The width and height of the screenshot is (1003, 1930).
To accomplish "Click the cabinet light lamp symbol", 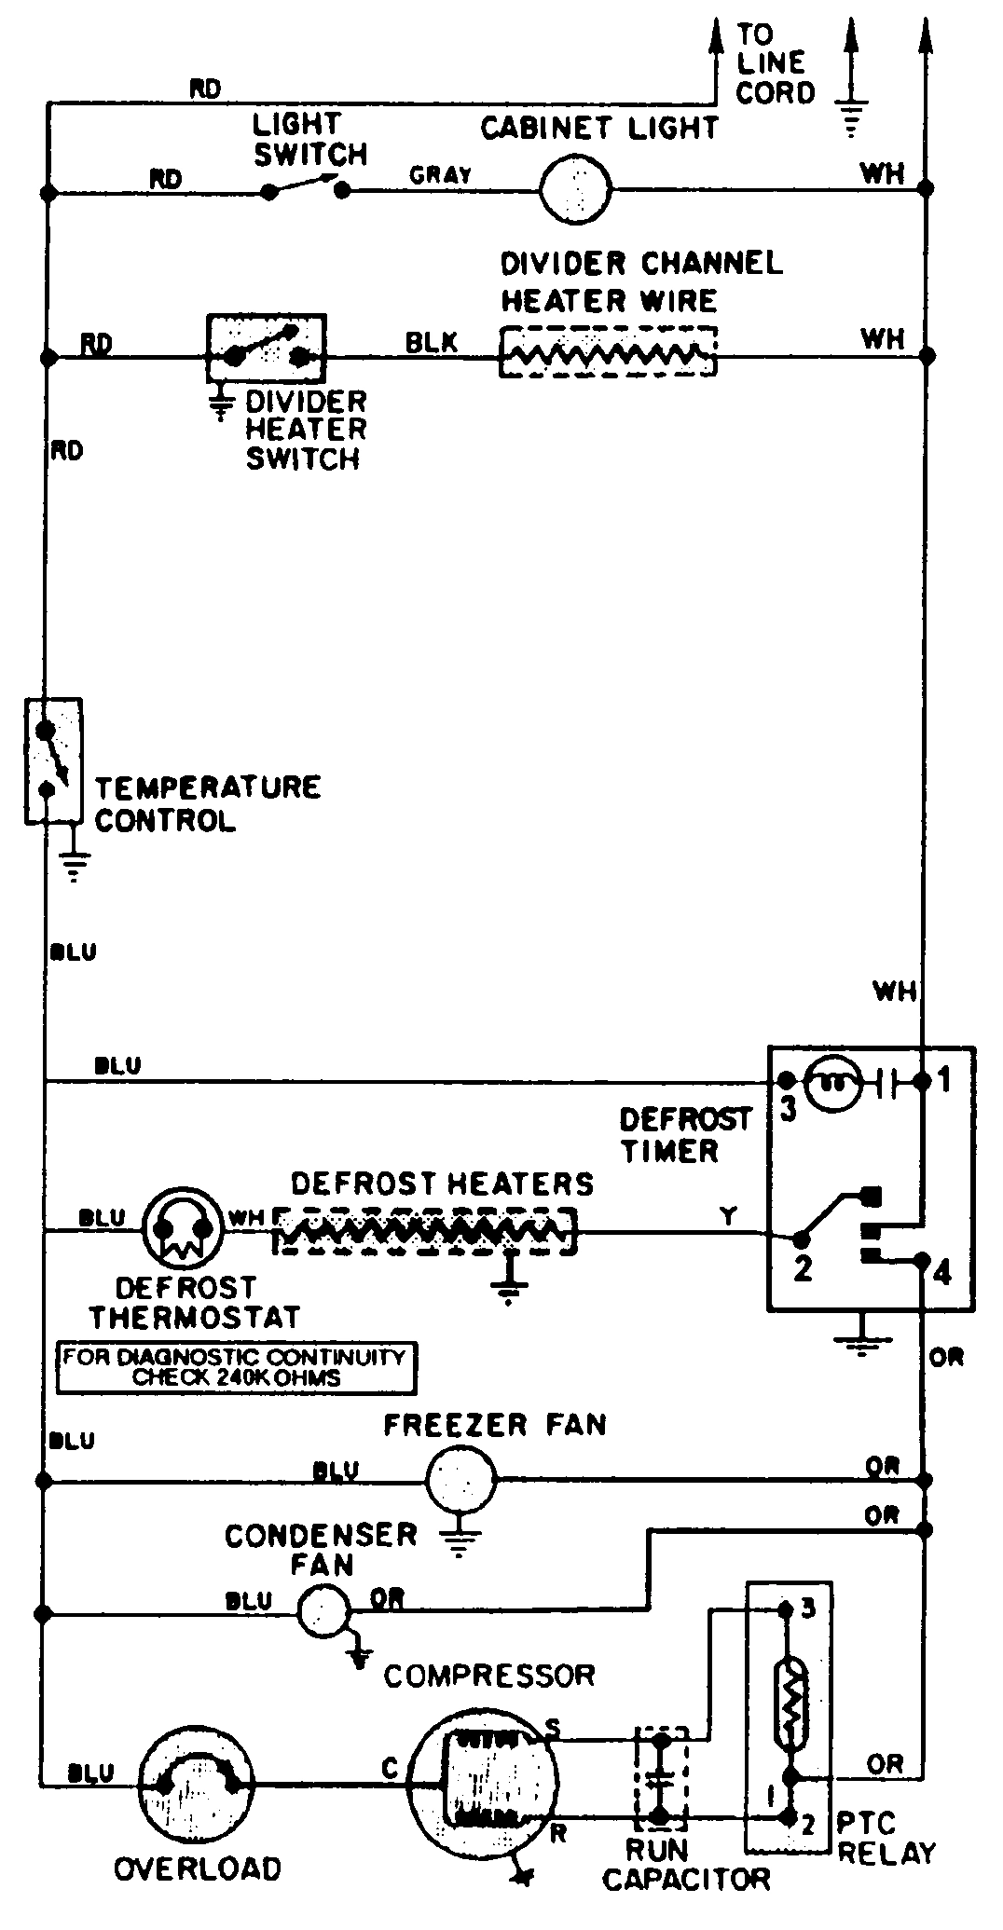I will tap(575, 189).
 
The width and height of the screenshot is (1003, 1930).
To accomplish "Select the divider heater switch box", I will tap(266, 348).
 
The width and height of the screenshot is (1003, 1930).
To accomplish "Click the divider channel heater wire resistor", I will tap(608, 352).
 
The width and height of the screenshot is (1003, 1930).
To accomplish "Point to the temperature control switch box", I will tap(52, 760).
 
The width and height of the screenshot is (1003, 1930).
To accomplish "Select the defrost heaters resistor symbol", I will tap(424, 1232).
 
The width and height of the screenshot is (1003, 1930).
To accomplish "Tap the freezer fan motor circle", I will tap(461, 1478).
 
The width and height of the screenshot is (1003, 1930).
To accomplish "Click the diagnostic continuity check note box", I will tap(237, 1367).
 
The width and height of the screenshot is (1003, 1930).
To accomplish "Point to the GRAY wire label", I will tap(440, 175).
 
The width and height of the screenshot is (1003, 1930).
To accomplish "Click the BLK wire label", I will tap(432, 342).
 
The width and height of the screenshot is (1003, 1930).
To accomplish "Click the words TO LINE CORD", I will tap(775, 64).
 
